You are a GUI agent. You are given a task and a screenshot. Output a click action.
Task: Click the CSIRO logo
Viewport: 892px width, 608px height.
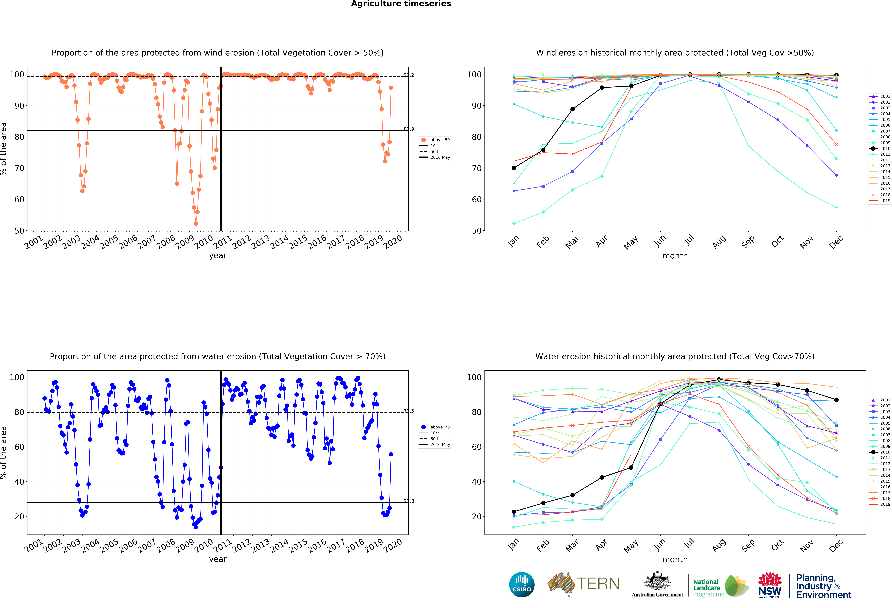pos(522,585)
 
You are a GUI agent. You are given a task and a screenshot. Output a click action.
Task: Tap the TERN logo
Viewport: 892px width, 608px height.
pos(583,584)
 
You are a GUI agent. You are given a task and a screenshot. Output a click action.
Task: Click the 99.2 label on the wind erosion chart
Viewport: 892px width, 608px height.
pos(409,75)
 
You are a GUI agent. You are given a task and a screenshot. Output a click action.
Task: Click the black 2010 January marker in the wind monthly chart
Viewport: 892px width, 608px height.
pos(514,168)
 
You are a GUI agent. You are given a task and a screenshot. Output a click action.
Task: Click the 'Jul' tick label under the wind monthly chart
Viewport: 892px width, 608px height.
pos(689,240)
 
